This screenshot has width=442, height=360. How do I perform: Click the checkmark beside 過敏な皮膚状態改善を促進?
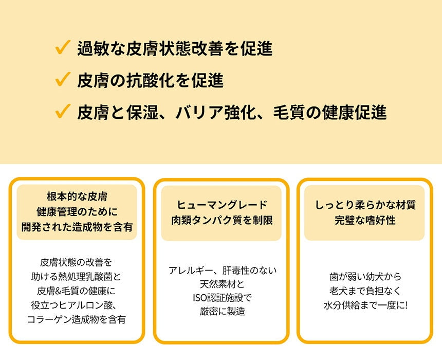pos(62,48)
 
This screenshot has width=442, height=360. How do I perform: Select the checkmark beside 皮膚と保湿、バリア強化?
pos(62,112)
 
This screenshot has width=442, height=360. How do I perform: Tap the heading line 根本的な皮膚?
pos(77,196)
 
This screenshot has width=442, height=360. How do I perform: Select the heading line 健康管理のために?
pos(77,211)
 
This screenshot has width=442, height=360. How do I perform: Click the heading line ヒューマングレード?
pos(222,205)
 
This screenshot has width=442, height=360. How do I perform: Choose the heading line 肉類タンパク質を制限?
pos(222,220)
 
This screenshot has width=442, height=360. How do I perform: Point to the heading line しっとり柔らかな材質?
pos(365,205)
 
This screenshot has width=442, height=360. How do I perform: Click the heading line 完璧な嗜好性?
pos(365,220)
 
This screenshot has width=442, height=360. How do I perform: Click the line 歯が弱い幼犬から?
pos(365,276)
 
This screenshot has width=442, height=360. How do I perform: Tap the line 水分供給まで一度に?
pos(365,304)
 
